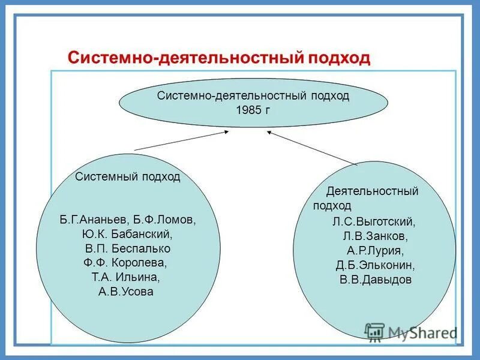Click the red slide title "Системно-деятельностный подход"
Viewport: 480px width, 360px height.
click(219, 58)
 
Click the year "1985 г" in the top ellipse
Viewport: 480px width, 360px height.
click(253, 110)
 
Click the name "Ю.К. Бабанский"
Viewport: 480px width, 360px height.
click(128, 233)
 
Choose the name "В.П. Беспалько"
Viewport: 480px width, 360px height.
click(127, 248)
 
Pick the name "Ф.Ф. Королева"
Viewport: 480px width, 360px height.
click(126, 263)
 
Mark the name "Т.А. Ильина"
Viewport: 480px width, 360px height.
click(126, 277)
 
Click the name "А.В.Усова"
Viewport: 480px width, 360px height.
click(126, 292)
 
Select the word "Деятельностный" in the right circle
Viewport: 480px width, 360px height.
click(372, 191)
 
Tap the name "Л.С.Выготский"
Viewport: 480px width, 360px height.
click(374, 221)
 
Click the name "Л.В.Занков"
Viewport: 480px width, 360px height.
click(374, 236)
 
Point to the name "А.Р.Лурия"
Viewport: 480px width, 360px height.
click(374, 250)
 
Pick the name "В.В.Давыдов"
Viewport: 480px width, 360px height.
click(374, 280)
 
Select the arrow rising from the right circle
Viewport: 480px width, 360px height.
click(312, 147)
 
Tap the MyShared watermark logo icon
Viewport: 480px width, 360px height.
click(374, 332)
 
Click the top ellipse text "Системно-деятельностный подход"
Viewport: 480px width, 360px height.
click(253, 96)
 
